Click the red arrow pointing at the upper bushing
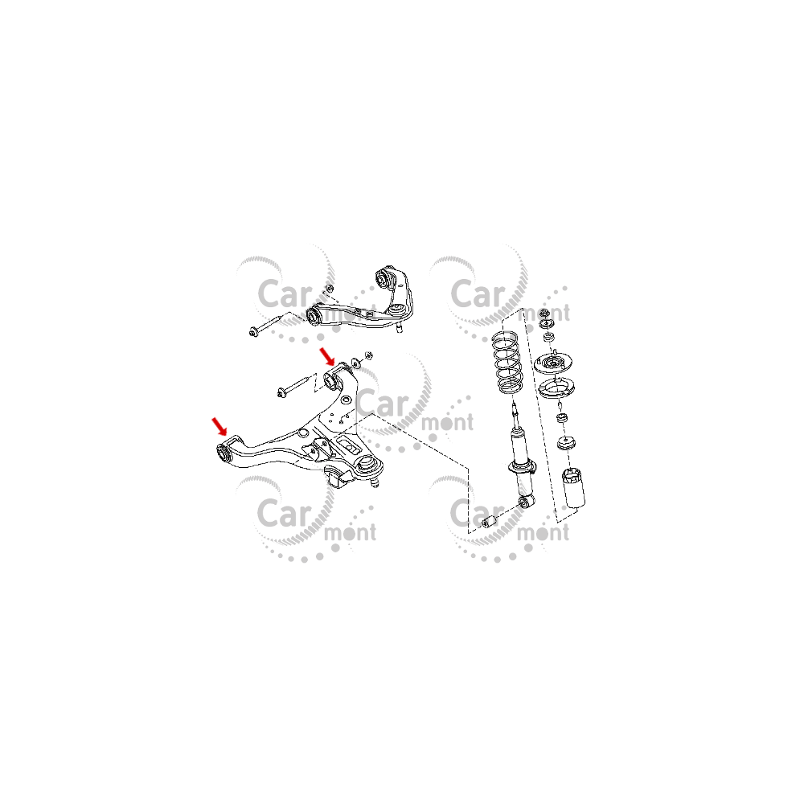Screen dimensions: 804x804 (327, 356)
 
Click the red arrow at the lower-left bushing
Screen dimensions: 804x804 (219, 426)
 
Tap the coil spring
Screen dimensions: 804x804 (507, 363)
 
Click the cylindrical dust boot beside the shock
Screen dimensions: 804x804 (574, 488)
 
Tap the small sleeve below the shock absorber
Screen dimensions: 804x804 (490, 522)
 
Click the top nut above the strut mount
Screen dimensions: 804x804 (546, 313)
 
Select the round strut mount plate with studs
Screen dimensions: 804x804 (553, 363)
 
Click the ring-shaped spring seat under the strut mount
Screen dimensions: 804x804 (556, 388)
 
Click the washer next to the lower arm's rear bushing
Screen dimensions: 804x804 (356, 364)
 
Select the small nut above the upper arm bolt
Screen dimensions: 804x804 (330, 288)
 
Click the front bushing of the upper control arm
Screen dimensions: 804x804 (314, 315)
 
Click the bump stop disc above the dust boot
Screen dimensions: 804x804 (566, 442)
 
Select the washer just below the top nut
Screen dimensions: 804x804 (548, 324)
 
